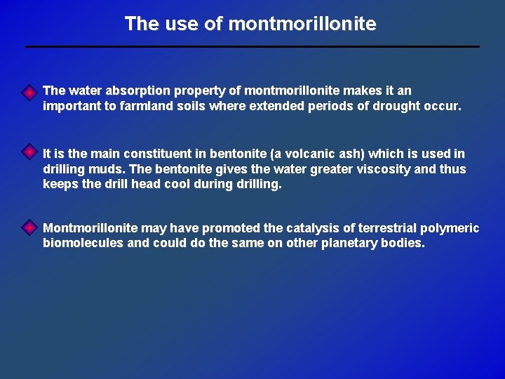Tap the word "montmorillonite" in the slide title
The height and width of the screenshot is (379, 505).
point(302,24)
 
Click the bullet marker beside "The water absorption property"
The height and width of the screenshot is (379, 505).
point(29,93)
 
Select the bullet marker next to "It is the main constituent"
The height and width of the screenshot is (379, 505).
point(29,152)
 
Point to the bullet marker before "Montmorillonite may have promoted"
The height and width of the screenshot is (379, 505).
point(29,227)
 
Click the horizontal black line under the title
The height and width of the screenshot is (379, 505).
point(252,46)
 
